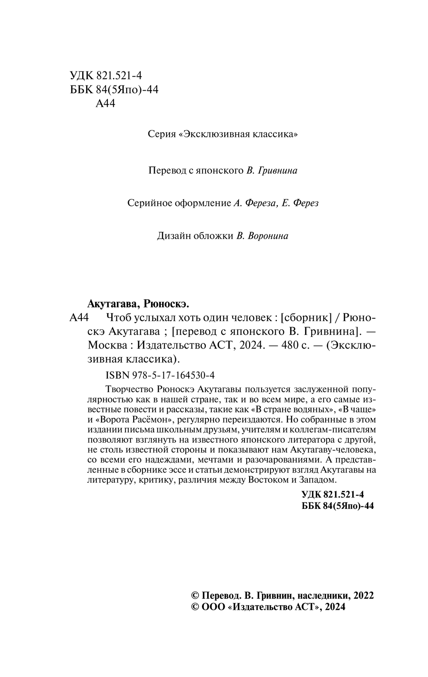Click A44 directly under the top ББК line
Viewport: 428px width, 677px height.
tap(107, 103)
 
